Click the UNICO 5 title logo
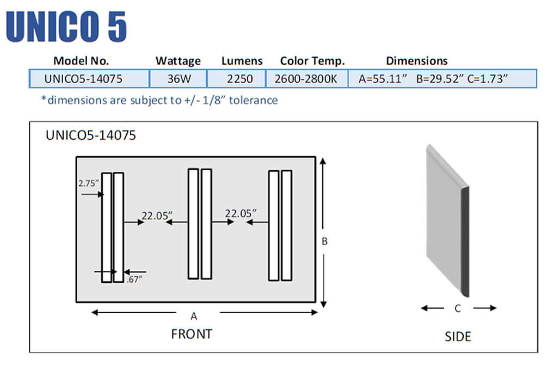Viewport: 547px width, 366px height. click(66, 26)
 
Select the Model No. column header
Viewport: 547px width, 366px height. click(81, 61)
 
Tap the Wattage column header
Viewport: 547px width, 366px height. click(178, 61)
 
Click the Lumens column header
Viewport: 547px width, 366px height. click(242, 61)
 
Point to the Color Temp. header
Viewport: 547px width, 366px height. click(312, 61)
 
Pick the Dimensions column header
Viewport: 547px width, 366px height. click(416, 61)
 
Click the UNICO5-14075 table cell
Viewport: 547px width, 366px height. click(83, 79)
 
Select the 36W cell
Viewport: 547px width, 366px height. click(179, 79)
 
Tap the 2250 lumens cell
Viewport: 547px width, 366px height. click(240, 79)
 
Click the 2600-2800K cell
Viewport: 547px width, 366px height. click(306, 79)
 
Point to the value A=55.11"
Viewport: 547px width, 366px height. click(383, 79)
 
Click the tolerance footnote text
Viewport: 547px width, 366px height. click(159, 100)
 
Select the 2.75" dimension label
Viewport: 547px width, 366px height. click(89, 183)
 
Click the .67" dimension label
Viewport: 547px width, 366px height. click(134, 280)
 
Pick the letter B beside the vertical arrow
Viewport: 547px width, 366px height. click(324, 241)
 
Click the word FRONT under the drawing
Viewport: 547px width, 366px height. click(192, 333)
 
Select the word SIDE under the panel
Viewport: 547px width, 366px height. click(458, 337)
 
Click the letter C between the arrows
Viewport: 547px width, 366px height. click(458, 308)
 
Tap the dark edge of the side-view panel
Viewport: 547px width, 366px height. click(465, 241)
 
